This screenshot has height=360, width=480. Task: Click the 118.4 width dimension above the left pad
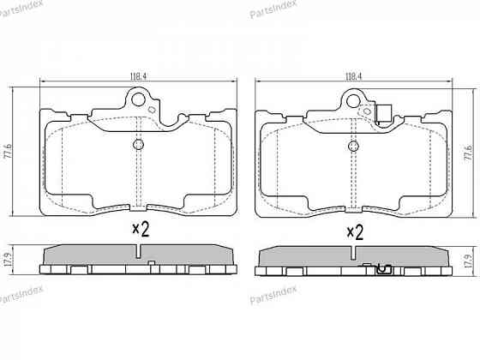(140, 76)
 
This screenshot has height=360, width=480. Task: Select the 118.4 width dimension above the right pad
(351, 76)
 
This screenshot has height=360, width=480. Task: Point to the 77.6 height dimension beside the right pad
(467, 153)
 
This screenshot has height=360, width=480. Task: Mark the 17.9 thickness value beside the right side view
(467, 261)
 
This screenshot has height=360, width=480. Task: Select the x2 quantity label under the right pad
(355, 231)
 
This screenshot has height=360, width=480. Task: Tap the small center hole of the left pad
(139, 145)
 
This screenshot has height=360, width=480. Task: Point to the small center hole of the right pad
(352, 147)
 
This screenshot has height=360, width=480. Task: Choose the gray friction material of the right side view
(309, 256)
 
